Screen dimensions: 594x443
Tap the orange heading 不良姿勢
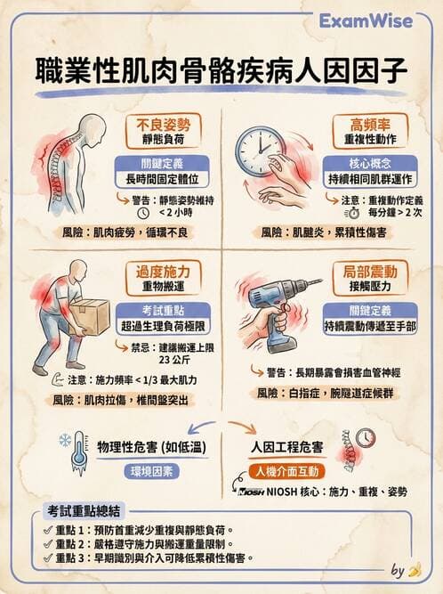(162, 122)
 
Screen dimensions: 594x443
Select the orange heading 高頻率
(363, 122)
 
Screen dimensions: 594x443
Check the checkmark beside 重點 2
(46, 543)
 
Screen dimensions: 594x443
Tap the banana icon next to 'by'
(413, 571)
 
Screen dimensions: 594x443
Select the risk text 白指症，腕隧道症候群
(342, 393)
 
